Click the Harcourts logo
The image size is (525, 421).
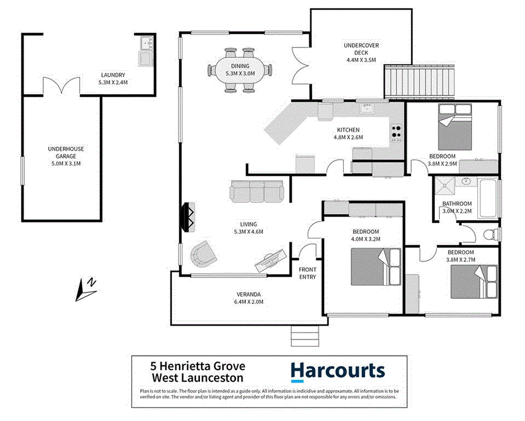337,371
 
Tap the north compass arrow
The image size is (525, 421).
87,288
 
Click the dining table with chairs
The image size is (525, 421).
240,70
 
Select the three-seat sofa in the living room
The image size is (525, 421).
256,191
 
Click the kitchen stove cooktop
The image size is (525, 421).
397,132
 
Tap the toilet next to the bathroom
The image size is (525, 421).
493,233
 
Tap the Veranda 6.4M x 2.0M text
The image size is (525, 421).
248,298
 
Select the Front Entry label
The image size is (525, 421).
308,273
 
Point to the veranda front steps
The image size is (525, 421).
300,337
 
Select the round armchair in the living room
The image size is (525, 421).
203,255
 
